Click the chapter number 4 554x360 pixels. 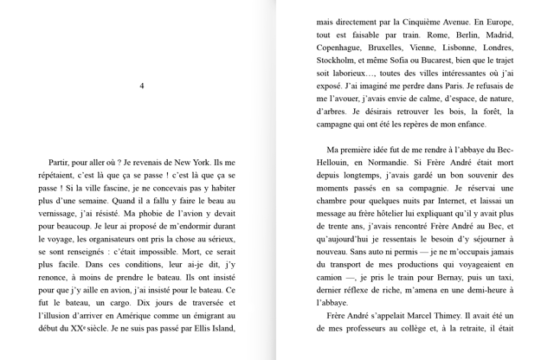pyautogui.click(x=142, y=86)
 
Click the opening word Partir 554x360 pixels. pyautogui.click(x=63, y=162)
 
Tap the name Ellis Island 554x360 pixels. pyautogui.click(x=210, y=328)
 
